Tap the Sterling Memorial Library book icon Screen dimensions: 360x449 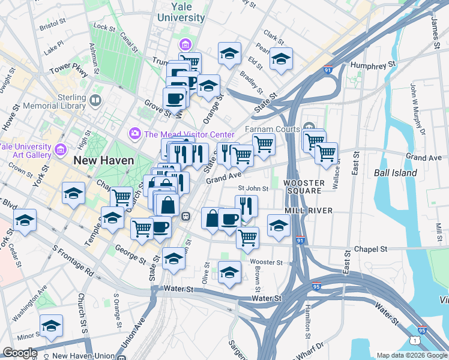95,100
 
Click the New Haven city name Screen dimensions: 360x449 98,160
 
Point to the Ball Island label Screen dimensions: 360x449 395,173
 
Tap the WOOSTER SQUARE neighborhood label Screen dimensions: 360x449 304,187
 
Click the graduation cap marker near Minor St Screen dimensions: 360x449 52,326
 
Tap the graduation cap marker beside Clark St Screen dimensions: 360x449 280,59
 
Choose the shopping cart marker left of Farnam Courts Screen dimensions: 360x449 263,144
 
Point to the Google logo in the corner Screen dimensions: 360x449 20,353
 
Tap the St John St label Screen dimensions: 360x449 252,188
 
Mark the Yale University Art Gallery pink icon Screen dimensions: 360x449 59,149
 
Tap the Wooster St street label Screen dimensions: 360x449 266,262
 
